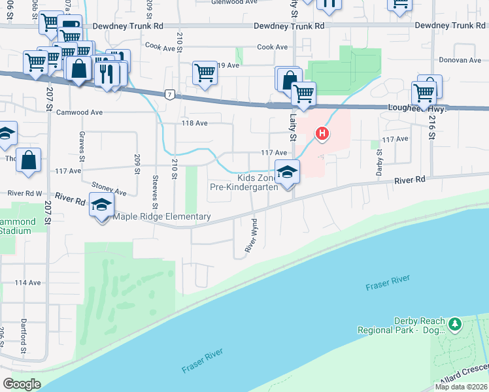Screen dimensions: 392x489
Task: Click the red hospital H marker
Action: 322,134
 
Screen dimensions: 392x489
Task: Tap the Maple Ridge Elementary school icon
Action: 101,204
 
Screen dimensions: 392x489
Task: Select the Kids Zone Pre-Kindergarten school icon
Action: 287,172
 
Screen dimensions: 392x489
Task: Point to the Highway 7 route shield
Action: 169,95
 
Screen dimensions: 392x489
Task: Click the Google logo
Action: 22,384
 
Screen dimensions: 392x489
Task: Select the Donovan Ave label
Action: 460,60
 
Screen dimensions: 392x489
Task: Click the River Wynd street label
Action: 250,236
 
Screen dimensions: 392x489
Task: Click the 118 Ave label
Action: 194,123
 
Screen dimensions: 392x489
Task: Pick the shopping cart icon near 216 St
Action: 424,93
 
